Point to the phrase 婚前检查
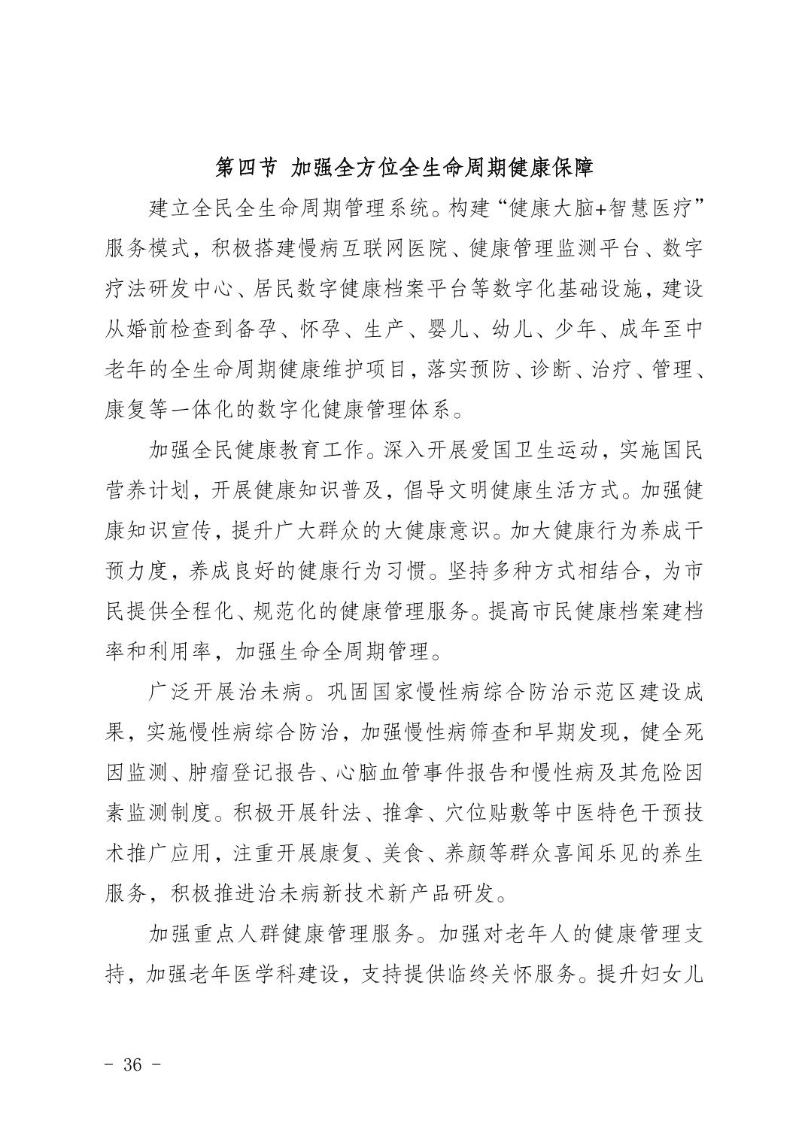181,329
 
